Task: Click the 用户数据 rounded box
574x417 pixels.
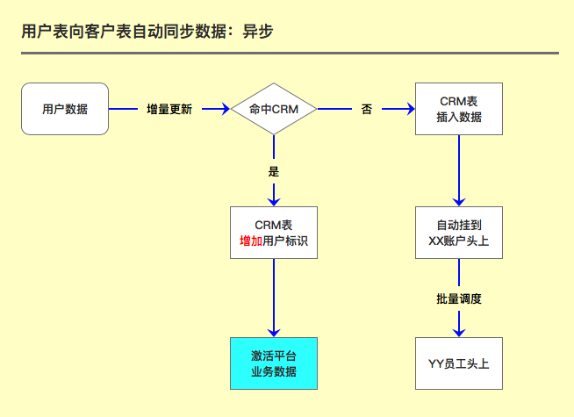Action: coord(65,109)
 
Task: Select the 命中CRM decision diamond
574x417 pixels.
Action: coord(274,109)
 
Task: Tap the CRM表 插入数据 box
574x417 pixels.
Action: coord(458,109)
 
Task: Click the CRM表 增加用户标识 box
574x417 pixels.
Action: coord(274,233)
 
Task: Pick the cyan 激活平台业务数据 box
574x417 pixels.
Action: coord(274,363)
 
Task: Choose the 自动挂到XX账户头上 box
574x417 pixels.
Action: coord(458,233)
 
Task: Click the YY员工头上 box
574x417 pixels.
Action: coord(458,363)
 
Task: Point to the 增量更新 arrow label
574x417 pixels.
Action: coord(169,110)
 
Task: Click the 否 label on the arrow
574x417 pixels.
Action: coord(366,110)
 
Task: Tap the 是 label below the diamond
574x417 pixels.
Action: coord(273,170)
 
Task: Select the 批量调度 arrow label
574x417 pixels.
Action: coord(458,298)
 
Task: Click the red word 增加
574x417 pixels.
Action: coord(250,241)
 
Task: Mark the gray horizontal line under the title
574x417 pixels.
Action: coord(290,53)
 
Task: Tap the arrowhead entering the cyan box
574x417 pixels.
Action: coord(274,332)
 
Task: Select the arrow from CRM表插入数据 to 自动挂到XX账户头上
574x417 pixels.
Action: coord(458,171)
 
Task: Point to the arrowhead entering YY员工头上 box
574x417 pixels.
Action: coord(458,332)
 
